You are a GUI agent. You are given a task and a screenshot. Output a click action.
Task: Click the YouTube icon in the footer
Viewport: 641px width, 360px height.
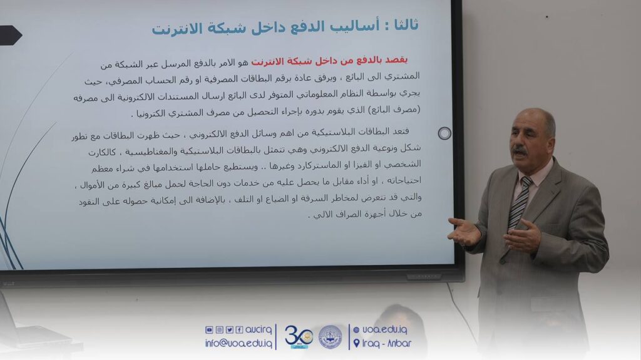pos(209,330)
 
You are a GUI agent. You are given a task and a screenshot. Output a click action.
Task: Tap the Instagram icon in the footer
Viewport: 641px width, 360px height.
pos(219,330)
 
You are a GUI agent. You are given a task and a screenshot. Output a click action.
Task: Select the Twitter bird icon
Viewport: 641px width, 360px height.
pos(229,330)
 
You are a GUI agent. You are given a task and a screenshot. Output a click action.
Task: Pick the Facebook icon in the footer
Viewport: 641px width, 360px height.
pos(240,330)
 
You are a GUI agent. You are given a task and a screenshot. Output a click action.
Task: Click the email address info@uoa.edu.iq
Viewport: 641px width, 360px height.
pos(238,343)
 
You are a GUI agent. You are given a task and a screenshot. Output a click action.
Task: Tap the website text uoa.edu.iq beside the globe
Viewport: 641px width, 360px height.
pos(385,330)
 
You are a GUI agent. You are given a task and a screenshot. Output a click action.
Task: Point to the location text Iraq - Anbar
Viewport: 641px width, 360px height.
pos(387,343)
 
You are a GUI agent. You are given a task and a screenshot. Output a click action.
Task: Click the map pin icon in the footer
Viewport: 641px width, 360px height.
pos(356,343)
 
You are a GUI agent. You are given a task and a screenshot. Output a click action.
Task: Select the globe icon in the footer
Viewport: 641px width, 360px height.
pos(356,330)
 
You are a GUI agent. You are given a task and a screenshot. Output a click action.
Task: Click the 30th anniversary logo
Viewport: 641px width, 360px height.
pos(299,337)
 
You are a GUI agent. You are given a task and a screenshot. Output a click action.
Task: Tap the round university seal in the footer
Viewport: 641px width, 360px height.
pos(331,337)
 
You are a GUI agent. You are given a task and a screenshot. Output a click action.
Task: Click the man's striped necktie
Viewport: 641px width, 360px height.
pos(519,203)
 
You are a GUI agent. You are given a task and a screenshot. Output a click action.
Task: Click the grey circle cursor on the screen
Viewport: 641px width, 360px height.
pos(444,133)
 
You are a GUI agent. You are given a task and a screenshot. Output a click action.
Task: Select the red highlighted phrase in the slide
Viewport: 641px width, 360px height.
pos(329,61)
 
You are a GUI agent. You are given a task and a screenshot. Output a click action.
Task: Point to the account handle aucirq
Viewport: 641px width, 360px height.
pos(259,330)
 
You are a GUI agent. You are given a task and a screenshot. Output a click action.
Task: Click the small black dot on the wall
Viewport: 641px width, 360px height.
pos(547,17)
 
